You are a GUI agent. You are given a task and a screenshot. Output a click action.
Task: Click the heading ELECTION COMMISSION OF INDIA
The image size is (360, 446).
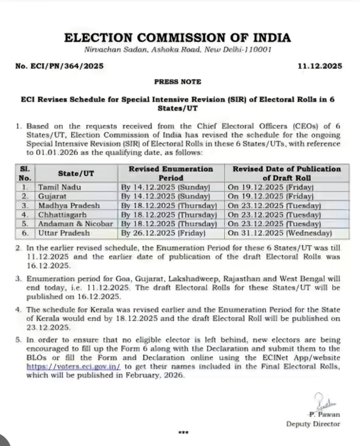pos(177,37)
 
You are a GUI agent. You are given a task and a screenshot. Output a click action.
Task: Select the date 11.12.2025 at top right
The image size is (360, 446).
pos(320,66)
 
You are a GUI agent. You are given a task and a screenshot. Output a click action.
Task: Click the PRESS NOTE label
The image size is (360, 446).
pos(178,82)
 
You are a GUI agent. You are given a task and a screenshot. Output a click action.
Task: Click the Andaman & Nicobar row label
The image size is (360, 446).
pos(75,224)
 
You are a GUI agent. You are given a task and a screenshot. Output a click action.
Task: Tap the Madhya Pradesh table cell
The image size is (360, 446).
pos(69,206)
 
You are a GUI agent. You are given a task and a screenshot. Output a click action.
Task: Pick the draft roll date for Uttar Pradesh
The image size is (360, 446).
pos(280,233)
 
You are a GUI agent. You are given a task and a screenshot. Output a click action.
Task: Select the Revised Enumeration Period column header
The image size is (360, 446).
pos(171,173)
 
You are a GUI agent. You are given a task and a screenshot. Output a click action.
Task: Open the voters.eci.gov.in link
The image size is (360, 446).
pos(74,366)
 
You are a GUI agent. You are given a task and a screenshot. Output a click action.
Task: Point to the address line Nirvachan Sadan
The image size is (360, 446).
pos(178,50)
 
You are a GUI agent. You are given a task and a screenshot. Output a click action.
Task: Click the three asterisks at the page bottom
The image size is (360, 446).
pos(183,432)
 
